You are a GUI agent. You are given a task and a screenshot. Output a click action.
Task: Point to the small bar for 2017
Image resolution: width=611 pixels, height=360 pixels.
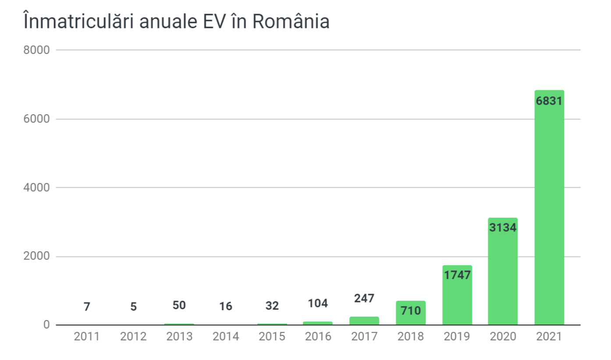click(364, 321)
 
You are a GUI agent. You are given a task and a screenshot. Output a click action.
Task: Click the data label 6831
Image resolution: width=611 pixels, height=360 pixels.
click(549, 101)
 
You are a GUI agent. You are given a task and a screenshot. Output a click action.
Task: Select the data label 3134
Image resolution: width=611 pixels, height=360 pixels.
click(503, 228)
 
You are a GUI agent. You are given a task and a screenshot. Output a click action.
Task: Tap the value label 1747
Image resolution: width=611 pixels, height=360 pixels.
click(457, 275)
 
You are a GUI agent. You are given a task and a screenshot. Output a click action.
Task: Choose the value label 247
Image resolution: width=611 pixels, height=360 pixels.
click(364, 298)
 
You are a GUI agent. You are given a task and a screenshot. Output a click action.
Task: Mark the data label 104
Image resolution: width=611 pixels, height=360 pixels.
click(317, 303)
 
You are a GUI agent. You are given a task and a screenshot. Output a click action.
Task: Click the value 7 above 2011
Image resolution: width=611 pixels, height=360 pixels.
click(86, 307)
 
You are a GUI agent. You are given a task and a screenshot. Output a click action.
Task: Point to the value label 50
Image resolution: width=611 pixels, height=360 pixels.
click(179, 305)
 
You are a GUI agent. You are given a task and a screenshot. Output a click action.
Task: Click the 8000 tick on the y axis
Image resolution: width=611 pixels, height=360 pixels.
click(36, 50)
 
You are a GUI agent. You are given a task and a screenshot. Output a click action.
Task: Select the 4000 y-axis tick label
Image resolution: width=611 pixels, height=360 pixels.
click(36, 187)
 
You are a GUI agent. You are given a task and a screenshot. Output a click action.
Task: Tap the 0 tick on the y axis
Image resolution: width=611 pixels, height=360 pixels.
click(46, 325)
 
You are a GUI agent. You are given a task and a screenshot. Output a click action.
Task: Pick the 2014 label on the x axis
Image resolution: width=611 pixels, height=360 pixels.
click(225, 337)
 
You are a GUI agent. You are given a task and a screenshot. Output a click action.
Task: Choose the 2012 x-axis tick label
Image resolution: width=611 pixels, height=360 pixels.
click(133, 337)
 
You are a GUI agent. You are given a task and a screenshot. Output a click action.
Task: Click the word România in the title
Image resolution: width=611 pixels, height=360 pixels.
click(291, 22)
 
